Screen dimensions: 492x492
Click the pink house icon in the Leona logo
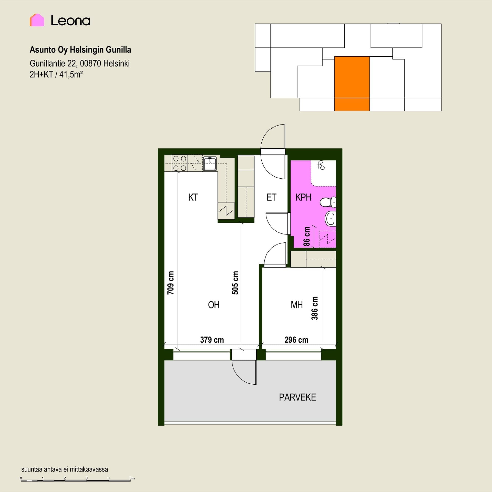[x=37, y=20]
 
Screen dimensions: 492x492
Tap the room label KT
[x=193, y=197]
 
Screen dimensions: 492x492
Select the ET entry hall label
[x=271, y=197]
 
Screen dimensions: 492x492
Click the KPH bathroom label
[x=303, y=197]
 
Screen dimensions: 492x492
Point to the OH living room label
[x=214, y=305]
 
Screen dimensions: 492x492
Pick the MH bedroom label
[x=297, y=305]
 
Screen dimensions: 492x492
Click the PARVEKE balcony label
[x=298, y=397]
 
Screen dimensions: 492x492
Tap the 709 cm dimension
[x=170, y=283]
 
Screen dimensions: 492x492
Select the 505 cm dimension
[x=235, y=283]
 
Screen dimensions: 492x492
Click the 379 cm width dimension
[x=212, y=340]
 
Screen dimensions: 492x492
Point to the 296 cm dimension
[x=296, y=340]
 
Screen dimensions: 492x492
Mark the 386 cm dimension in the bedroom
[x=314, y=308]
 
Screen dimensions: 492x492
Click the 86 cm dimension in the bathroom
[x=306, y=236]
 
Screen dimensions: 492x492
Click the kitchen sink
[x=210, y=163]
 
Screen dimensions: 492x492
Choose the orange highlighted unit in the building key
[x=352, y=84]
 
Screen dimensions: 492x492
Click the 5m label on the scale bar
[x=132, y=478]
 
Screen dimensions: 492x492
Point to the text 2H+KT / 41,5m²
[x=56, y=74]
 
